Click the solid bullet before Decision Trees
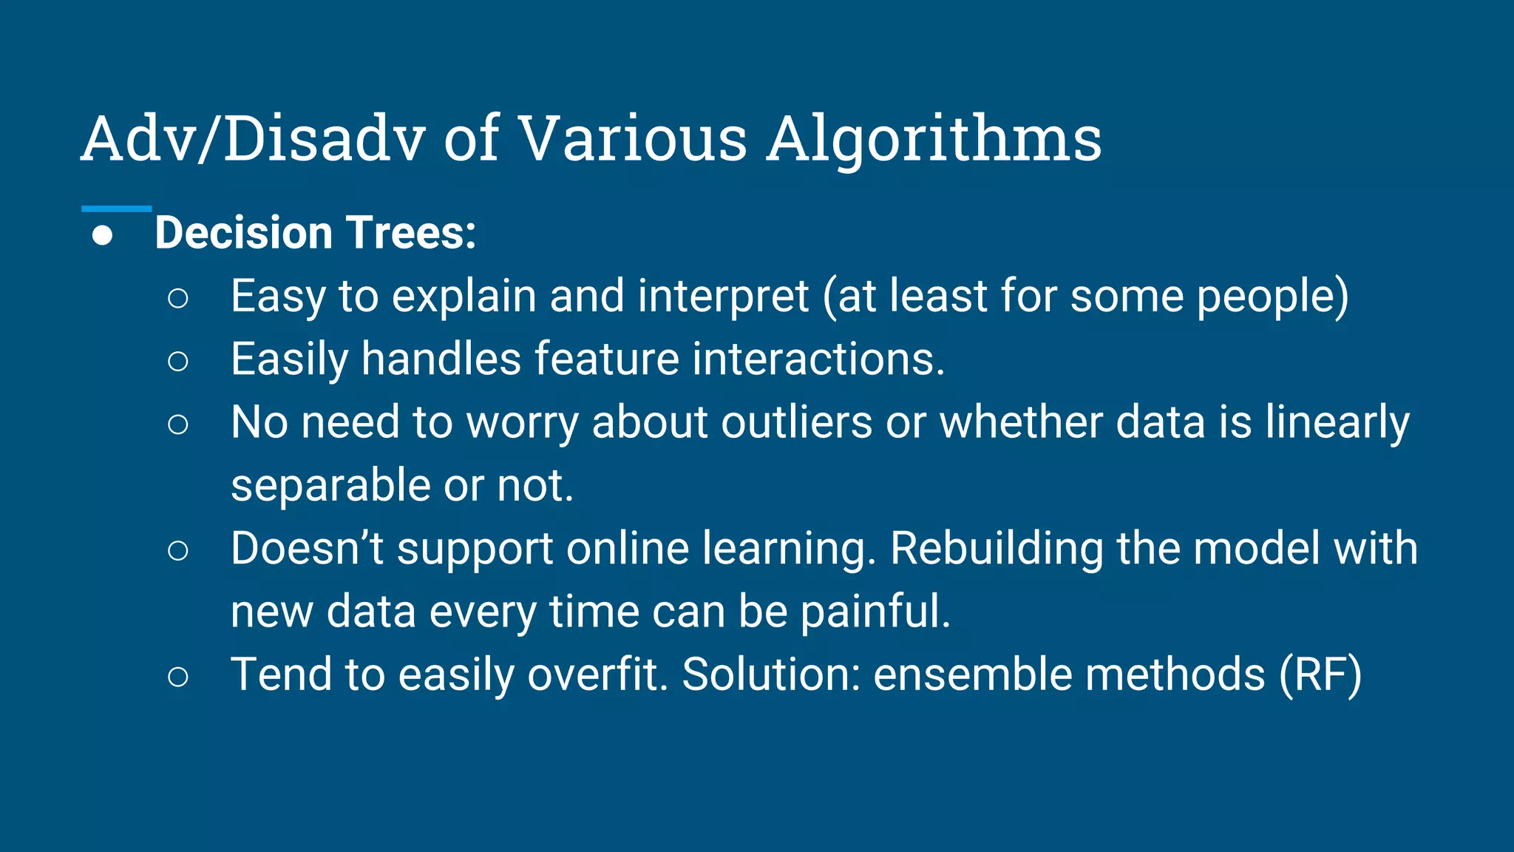pos(103,236)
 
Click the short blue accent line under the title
pos(116,209)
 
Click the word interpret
pos(723,297)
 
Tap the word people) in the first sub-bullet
pos(1272,297)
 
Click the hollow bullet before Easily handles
pos(178,362)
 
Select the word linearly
pos(1337,424)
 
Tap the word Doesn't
pos(307,549)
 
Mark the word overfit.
pos(597,674)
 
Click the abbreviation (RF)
pos(1320,675)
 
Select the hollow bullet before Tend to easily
pos(178,677)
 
